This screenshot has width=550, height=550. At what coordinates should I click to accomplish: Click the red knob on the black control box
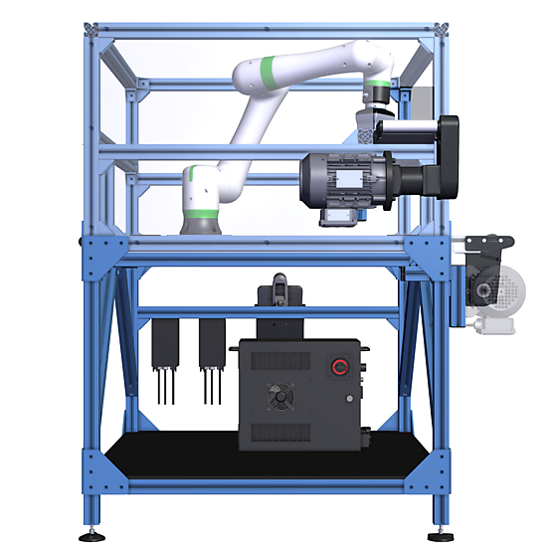340,368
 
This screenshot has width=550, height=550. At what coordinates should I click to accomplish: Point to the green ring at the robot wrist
377,84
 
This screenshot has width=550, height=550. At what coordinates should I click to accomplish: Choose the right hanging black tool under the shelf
210,344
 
